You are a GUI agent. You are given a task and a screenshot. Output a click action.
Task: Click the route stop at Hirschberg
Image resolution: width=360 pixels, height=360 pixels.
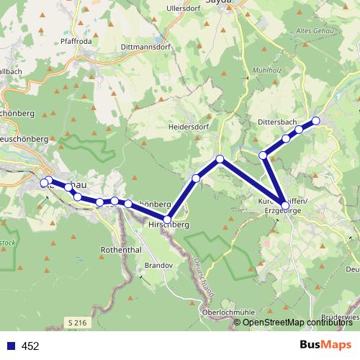pos(168,219)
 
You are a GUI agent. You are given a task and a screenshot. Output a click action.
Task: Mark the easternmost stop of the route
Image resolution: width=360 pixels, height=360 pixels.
pos(315,120)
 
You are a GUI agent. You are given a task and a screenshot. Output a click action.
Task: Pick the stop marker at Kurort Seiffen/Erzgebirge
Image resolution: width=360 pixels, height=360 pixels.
pos(285,206)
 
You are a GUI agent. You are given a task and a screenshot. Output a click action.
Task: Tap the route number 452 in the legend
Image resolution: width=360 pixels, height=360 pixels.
pos(30,346)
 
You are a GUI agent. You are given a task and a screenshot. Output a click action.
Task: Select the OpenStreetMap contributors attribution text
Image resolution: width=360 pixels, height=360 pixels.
pos(297,322)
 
